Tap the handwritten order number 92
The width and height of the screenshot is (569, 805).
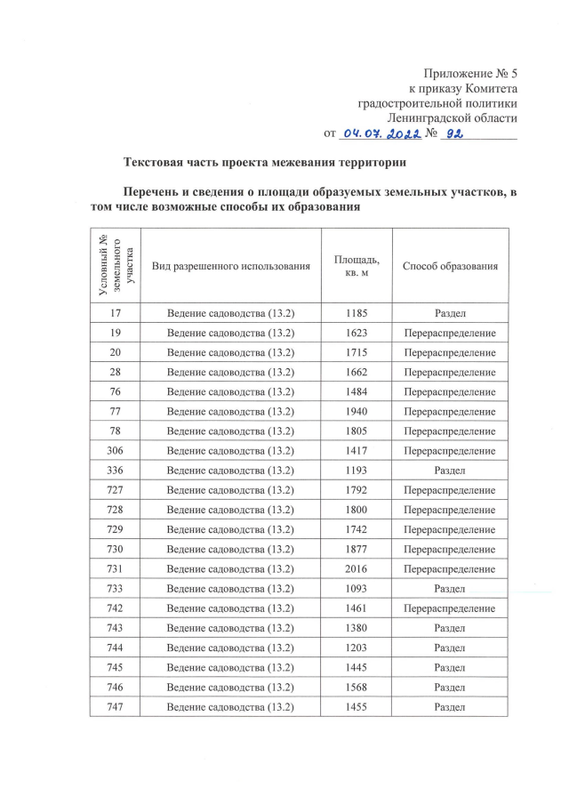[455, 133]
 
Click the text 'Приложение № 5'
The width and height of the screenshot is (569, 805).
[470, 73]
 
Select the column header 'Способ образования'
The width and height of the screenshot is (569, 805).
[449, 266]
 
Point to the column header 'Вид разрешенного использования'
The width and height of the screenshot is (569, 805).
[230, 266]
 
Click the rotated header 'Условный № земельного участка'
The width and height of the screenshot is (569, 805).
[115, 266]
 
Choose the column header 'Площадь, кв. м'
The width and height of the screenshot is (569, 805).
[356, 266]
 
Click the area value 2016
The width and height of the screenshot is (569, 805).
[356, 569]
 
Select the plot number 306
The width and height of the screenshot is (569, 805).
[115, 451]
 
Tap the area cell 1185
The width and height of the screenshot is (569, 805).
[356, 313]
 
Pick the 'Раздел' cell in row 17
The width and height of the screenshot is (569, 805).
[449, 313]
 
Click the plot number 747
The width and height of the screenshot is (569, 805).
[115, 707]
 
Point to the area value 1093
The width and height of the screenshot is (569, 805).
[356, 589]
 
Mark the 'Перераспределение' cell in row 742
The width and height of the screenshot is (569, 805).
[449, 608]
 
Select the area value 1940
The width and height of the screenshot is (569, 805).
[356, 412]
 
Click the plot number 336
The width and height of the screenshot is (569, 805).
[115, 471]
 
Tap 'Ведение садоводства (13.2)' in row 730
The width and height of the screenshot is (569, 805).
[230, 550]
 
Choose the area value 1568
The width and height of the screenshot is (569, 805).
[356, 688]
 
